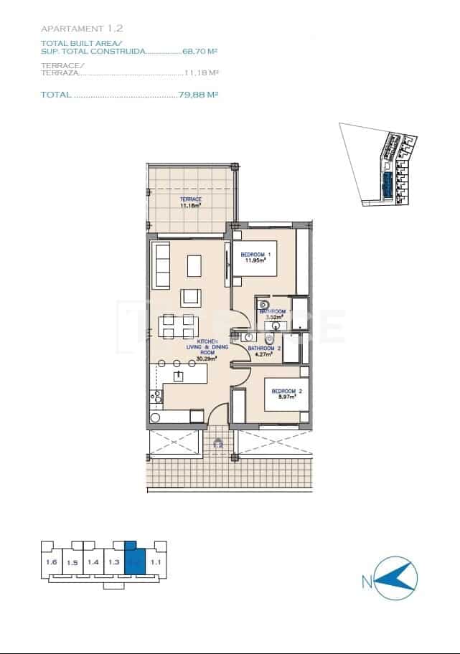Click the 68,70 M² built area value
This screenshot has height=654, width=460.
(x=201, y=52)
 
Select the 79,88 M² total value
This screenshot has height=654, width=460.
(x=198, y=95)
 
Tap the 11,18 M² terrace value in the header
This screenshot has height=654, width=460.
(x=202, y=72)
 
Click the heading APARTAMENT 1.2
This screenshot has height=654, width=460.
(x=83, y=29)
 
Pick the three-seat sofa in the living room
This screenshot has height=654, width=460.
(x=161, y=264)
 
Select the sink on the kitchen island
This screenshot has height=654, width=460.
(x=178, y=376)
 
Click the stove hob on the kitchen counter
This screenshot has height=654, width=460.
(x=156, y=397)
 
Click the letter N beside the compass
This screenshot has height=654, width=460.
(x=367, y=582)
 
